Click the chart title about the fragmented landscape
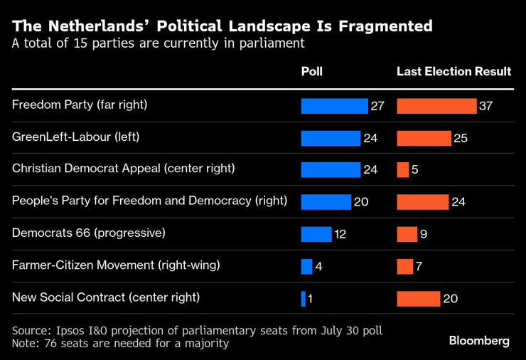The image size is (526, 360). [222, 26]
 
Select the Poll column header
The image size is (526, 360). [311, 72]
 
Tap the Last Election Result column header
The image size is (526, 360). [453, 72]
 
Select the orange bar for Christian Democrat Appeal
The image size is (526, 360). [403, 169]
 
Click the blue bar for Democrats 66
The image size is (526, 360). [316, 234]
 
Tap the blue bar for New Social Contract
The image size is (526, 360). [304, 298]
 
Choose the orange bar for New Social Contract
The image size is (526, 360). [419, 298]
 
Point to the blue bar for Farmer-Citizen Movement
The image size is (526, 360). [307, 266]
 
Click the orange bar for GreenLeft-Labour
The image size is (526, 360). [424, 138]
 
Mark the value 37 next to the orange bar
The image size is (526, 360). [486, 106]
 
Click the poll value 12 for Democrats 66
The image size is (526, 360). [340, 234]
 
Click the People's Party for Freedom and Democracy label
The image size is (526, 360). [149, 201]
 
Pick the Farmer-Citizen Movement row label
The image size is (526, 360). [116, 265]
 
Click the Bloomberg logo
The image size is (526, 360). [479, 341]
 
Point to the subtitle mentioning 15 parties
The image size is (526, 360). [159, 43]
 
